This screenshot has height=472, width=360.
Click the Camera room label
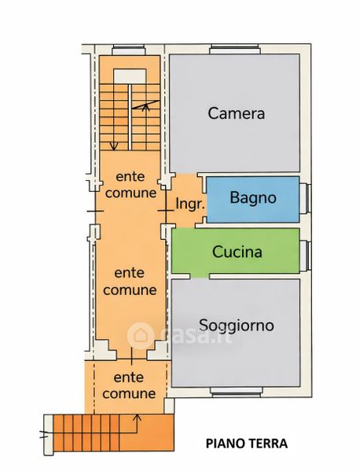236,113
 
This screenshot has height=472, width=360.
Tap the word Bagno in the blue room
253,197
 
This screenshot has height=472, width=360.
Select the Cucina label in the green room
237,252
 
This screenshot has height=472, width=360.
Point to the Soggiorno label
237,326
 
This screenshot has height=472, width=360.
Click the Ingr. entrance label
190,204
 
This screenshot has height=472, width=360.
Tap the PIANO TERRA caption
247,444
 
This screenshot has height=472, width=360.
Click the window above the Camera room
234,49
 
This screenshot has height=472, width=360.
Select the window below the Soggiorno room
236,391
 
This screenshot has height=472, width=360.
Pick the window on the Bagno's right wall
305,199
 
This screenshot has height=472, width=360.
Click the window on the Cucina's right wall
305,255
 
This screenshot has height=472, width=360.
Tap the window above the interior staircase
128,50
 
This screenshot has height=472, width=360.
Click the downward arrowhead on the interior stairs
113,146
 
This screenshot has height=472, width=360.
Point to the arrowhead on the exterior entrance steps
137,417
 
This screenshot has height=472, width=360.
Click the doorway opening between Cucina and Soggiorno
200,276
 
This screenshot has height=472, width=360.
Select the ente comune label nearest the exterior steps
129,385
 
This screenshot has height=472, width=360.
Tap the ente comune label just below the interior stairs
130,185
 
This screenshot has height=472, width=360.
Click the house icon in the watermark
141,336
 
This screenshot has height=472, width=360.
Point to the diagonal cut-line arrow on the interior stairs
145,105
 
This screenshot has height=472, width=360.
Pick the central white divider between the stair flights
130,117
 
